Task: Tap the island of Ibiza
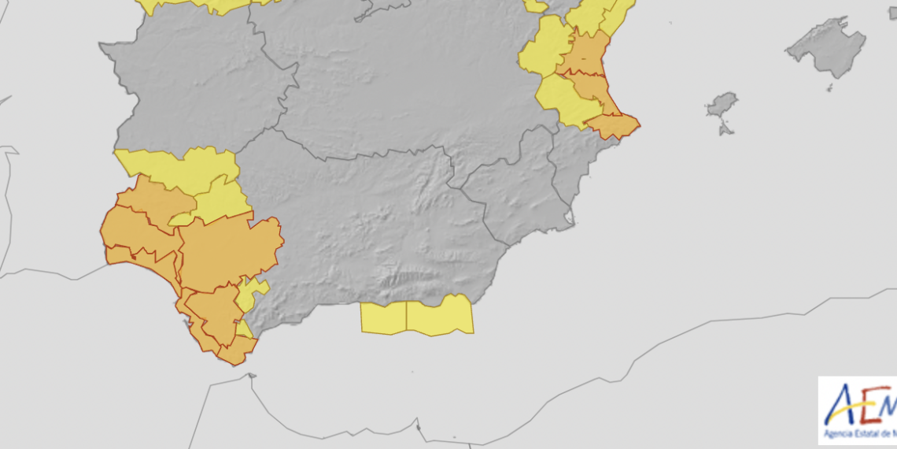[x=722, y=106]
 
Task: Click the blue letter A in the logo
[x=841, y=406]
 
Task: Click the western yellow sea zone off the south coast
[x=383, y=317]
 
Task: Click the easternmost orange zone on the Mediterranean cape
[x=613, y=125]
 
